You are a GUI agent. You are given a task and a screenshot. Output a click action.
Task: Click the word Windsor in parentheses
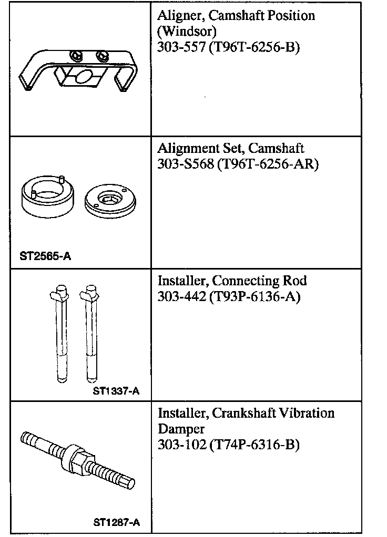click(186, 31)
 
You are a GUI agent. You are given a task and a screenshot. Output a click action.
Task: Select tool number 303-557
click(181, 47)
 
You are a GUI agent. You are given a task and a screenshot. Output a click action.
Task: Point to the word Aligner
click(179, 16)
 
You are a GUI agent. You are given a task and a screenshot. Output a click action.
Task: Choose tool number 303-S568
click(184, 164)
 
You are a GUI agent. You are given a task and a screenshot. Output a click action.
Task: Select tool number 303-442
click(181, 297)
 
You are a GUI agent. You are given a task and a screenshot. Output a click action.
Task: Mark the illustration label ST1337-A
click(116, 391)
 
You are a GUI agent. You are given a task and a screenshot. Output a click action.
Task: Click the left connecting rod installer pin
click(62, 334)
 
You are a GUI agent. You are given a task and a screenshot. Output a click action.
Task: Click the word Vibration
click(305, 413)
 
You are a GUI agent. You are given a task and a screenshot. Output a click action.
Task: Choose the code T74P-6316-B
click(254, 445)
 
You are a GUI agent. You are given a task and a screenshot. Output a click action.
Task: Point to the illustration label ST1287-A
click(116, 522)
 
